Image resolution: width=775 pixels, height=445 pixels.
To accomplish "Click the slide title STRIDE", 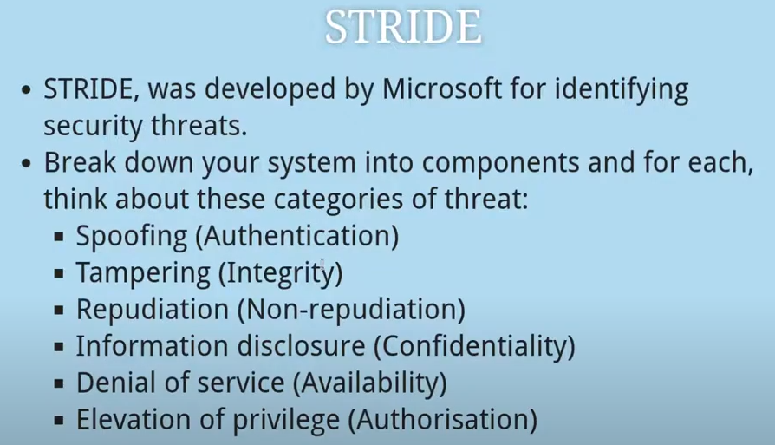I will point(403,28).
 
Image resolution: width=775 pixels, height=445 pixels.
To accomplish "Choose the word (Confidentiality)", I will point(474,347).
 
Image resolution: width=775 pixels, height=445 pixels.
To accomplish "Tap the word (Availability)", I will point(370,383).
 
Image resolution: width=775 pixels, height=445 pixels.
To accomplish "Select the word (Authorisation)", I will point(442,421).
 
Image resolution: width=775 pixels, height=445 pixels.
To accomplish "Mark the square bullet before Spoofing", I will point(59,237).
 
